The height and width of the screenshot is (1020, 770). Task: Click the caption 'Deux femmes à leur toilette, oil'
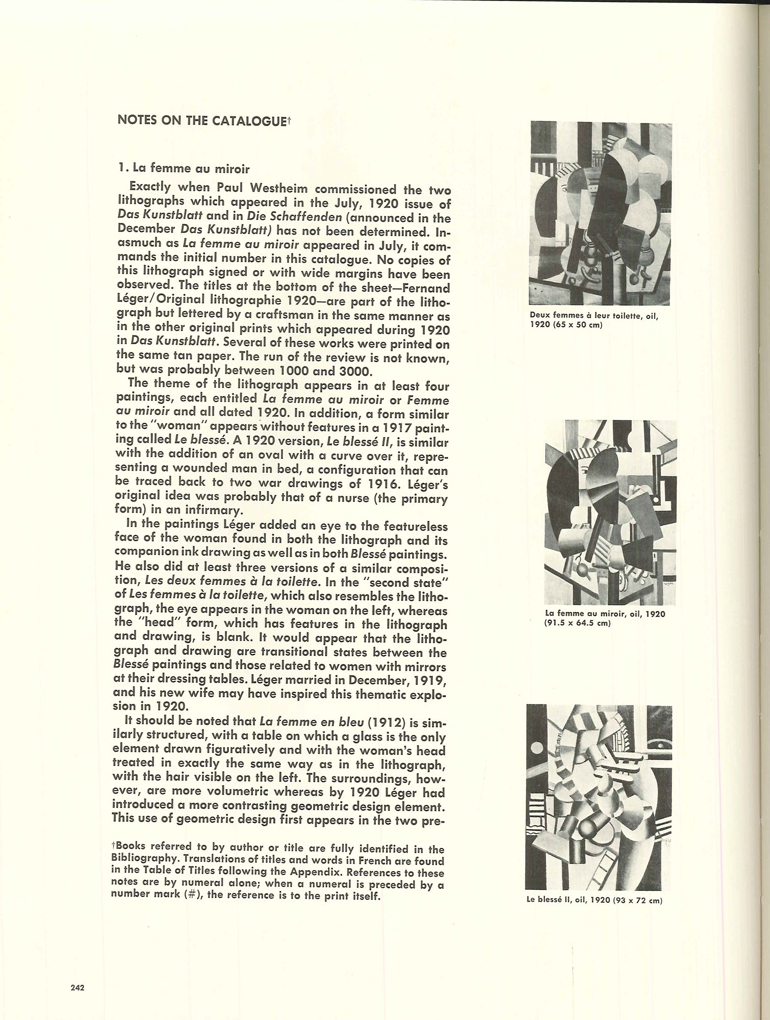(594, 316)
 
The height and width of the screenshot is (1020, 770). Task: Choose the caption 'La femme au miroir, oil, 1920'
(605, 614)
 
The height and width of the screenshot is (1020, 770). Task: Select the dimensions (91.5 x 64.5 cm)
(578, 623)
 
